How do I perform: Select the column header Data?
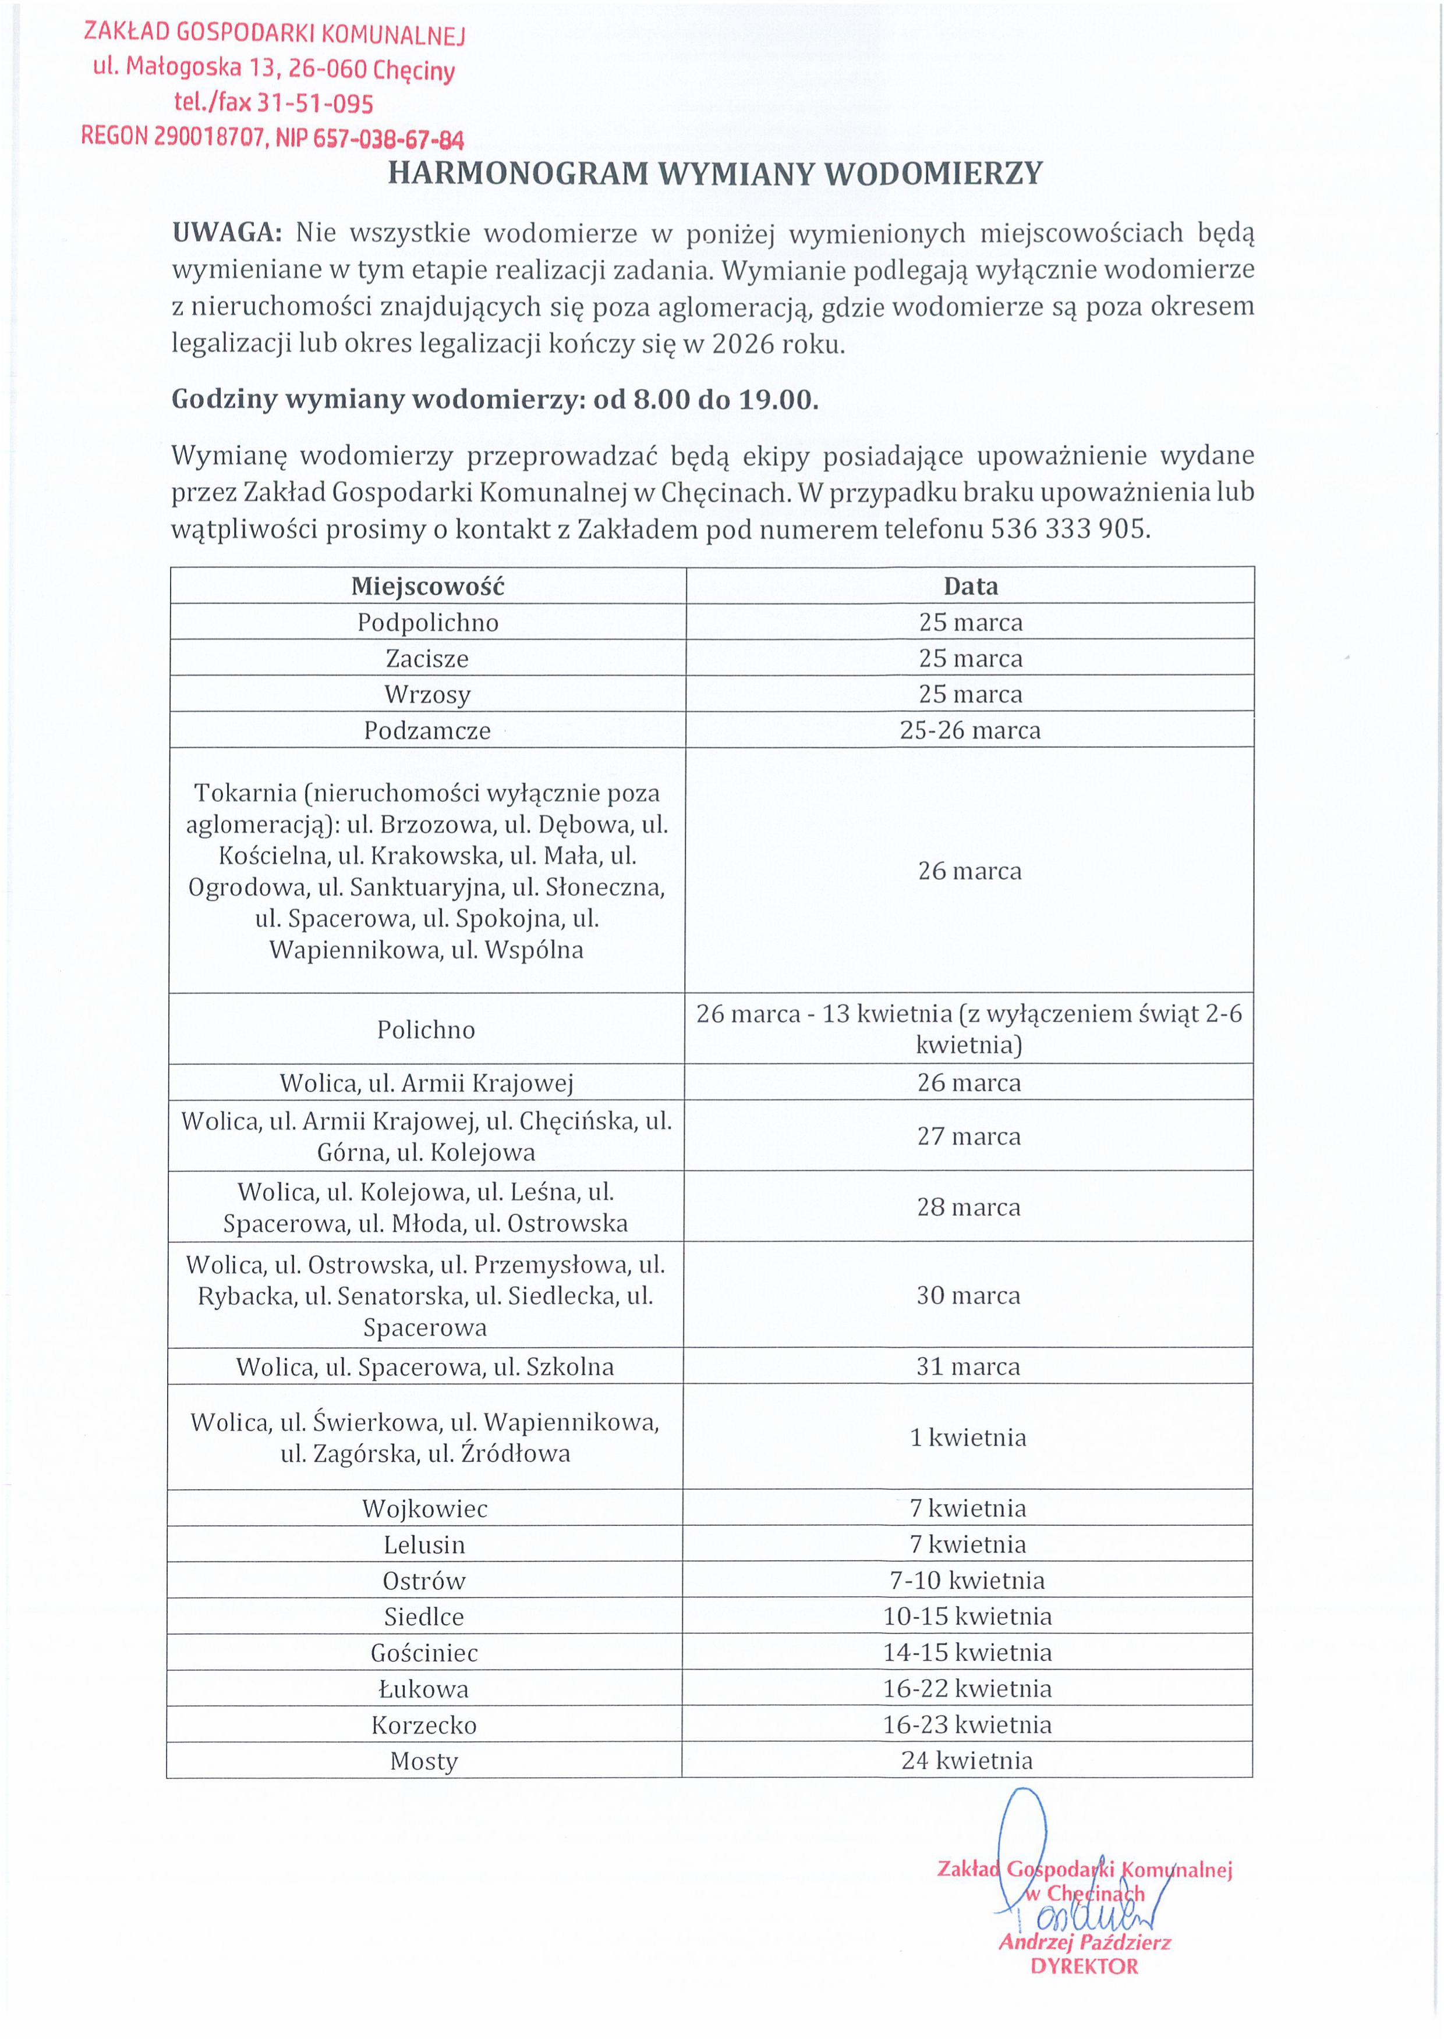(971, 586)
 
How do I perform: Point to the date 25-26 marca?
(970, 730)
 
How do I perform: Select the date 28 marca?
(969, 1207)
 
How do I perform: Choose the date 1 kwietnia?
(968, 1437)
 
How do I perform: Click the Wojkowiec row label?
(424, 1508)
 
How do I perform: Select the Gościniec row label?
(424, 1653)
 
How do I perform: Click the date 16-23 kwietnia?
(967, 1724)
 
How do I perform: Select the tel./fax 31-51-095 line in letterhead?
(273, 103)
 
